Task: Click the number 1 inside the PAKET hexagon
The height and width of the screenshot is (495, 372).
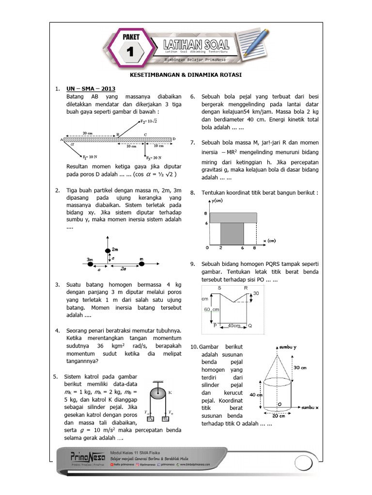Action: tap(130, 52)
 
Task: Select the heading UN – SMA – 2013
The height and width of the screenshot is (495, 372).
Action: tap(87, 89)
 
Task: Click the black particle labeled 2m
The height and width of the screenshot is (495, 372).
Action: tap(108, 250)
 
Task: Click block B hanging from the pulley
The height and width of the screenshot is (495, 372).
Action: tap(165, 419)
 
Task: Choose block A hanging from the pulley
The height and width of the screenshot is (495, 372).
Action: tap(151, 419)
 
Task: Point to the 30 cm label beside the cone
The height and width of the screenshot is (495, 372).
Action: tap(300, 368)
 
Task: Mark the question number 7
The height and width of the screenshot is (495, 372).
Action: tap(192, 142)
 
